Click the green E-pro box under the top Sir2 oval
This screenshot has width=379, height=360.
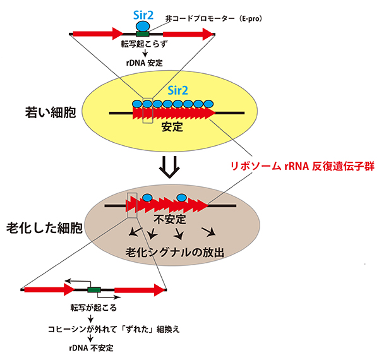[143, 32]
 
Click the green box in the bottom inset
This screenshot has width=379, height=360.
[95, 290]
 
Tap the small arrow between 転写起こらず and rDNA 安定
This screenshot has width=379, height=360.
[143, 54]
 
